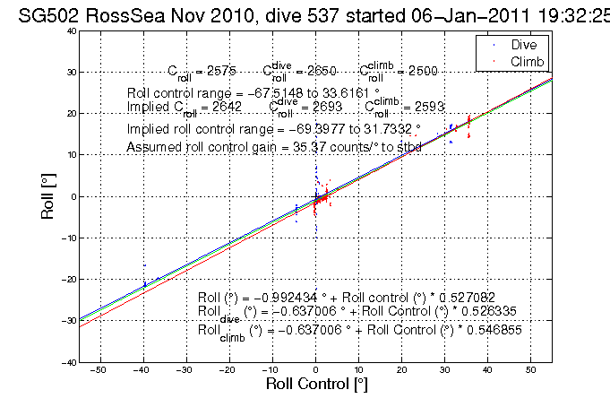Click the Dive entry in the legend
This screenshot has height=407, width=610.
point(523,44)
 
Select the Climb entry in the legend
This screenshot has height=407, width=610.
point(526,60)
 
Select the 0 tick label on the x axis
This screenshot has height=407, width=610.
point(315,368)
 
